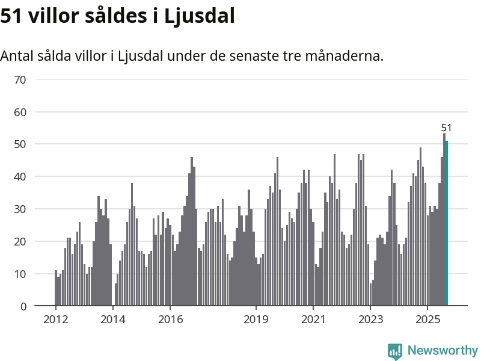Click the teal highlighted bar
pos(447,224)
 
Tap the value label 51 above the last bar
pos(446,128)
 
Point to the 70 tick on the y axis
pos(20,79)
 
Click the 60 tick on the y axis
pos(20,112)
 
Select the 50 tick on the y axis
pos(20,144)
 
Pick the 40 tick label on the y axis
pos(20,177)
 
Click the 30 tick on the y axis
pos(20,209)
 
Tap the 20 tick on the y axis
pos(20,241)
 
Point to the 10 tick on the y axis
pos(20,274)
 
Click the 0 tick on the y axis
pos(23,306)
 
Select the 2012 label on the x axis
pos(55,319)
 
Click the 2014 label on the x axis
pos(112,319)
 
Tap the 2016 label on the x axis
pos(170,319)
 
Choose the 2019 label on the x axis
pos(256,319)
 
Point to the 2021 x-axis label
pos(313,319)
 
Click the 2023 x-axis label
pos(370,319)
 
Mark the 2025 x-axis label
pos(427,319)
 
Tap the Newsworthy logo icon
pos(395,351)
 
